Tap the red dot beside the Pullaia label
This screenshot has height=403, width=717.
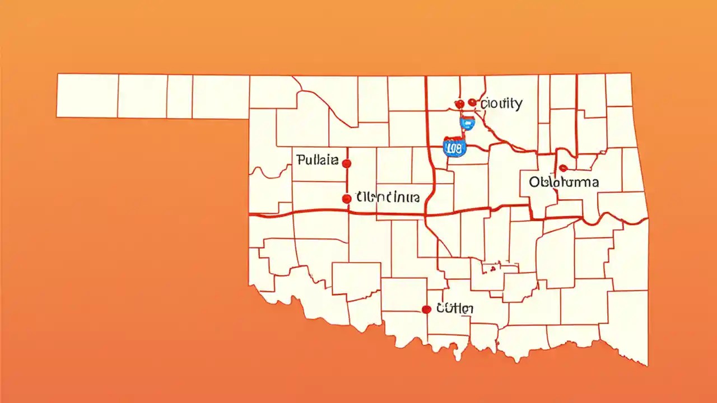(x=346, y=163)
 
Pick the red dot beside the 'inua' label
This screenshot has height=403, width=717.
(x=346, y=198)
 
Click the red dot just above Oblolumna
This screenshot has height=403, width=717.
(x=563, y=168)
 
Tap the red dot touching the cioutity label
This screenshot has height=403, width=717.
(x=472, y=102)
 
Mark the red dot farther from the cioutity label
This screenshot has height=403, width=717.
(x=459, y=104)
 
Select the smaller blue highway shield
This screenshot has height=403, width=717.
(x=466, y=123)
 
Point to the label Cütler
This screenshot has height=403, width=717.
(x=455, y=308)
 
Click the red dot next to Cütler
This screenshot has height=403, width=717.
(x=426, y=309)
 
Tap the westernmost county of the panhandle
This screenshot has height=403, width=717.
(x=87, y=95)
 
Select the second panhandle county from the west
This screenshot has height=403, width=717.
(x=142, y=96)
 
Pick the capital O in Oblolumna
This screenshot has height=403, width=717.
(x=534, y=182)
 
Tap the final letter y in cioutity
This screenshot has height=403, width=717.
(x=519, y=105)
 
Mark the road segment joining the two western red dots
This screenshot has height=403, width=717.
(x=346, y=181)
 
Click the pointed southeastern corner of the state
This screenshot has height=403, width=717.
(x=648, y=365)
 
